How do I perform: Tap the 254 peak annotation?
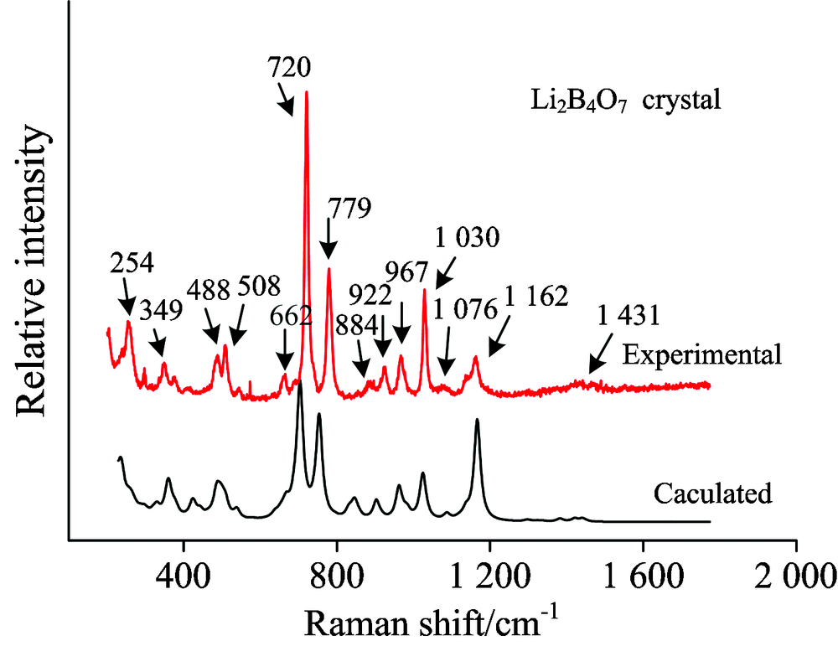132,264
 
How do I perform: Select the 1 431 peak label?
624,316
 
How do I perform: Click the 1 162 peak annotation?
536,296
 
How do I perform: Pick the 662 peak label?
292,318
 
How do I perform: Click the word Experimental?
702,354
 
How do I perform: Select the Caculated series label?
712,494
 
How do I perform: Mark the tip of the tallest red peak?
307,91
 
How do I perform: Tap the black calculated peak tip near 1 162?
477,420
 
